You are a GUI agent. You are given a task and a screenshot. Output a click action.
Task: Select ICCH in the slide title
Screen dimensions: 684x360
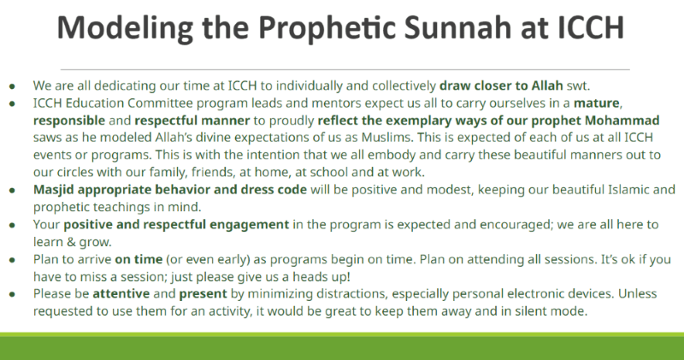591,27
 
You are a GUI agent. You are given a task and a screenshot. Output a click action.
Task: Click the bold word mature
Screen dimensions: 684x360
596,103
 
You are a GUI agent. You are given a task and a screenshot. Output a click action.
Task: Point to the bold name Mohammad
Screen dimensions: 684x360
622,120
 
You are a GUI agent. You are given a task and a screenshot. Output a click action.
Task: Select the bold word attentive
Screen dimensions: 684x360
121,293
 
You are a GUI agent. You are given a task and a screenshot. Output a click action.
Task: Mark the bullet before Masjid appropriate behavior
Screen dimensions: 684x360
12,191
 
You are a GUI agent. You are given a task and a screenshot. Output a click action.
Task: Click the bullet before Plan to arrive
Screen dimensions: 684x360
12,260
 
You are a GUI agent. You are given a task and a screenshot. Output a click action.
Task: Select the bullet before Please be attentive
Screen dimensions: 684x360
12,294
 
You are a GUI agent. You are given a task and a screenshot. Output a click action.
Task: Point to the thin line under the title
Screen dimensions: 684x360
345,69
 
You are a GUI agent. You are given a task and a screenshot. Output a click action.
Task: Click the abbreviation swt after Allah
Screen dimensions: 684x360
578,86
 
